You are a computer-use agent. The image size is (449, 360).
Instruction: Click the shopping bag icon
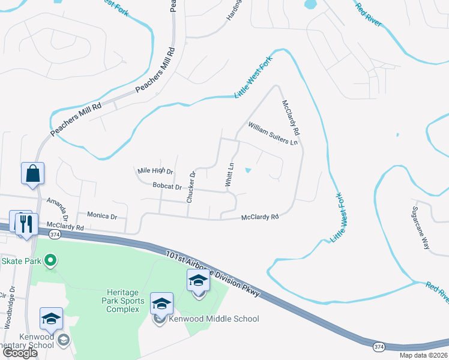click(x=33, y=173)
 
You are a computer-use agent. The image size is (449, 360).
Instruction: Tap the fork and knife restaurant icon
click(x=27, y=224)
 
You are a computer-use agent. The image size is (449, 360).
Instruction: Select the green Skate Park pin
click(x=51, y=260)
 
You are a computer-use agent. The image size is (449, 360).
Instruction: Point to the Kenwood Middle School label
click(x=214, y=319)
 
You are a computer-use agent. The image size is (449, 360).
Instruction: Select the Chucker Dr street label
click(x=191, y=187)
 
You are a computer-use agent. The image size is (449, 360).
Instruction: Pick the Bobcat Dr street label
click(x=167, y=187)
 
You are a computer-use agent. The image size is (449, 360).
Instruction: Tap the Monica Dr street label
click(x=102, y=215)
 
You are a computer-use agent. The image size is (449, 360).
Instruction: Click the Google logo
click(x=19, y=353)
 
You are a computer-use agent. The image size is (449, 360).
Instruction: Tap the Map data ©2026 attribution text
click(x=423, y=355)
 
